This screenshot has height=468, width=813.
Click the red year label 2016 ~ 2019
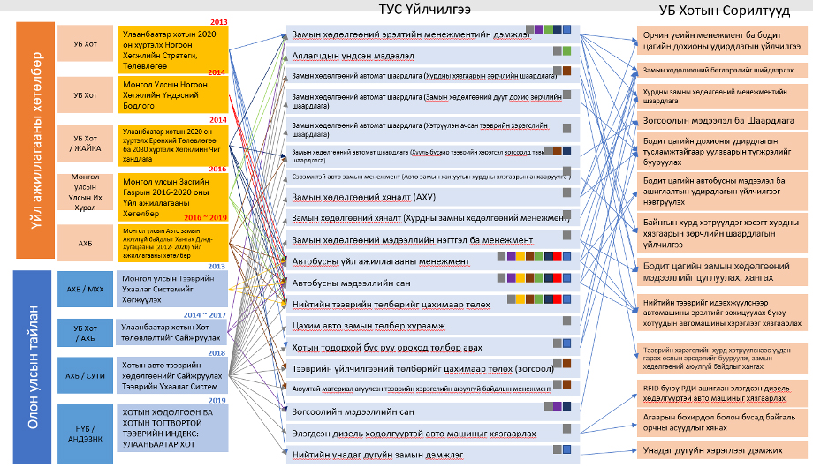tap(207, 216)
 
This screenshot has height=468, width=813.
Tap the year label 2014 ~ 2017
tap(205, 314)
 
